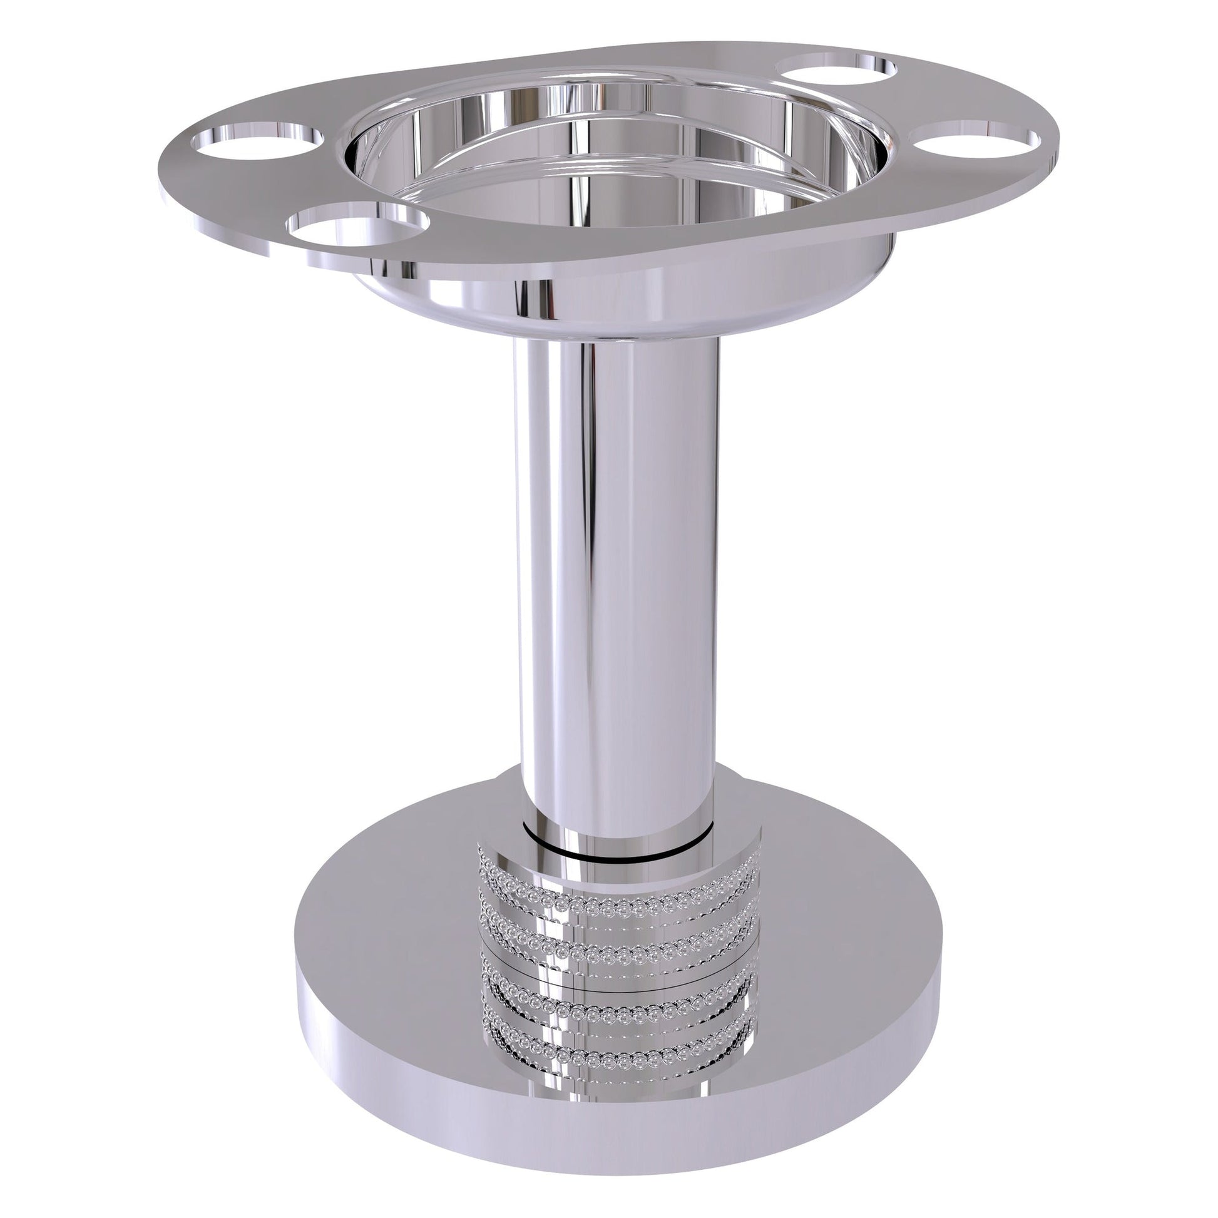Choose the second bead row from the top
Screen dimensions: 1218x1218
tap(621, 929)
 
